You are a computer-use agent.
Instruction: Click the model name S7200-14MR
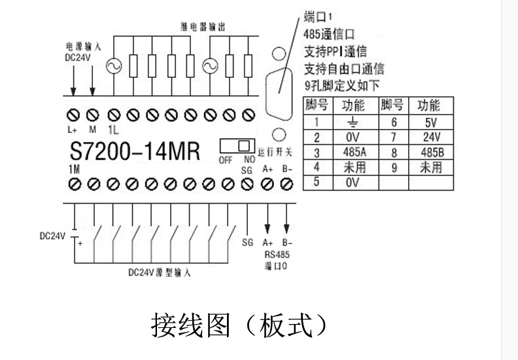134,151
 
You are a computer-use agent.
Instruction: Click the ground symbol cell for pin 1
354,122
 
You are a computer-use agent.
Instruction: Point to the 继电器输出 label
203,27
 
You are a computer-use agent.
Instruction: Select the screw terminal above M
92,116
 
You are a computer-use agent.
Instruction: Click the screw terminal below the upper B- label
287,185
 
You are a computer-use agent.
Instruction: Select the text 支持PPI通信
336,50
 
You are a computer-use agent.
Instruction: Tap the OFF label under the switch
224,159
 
